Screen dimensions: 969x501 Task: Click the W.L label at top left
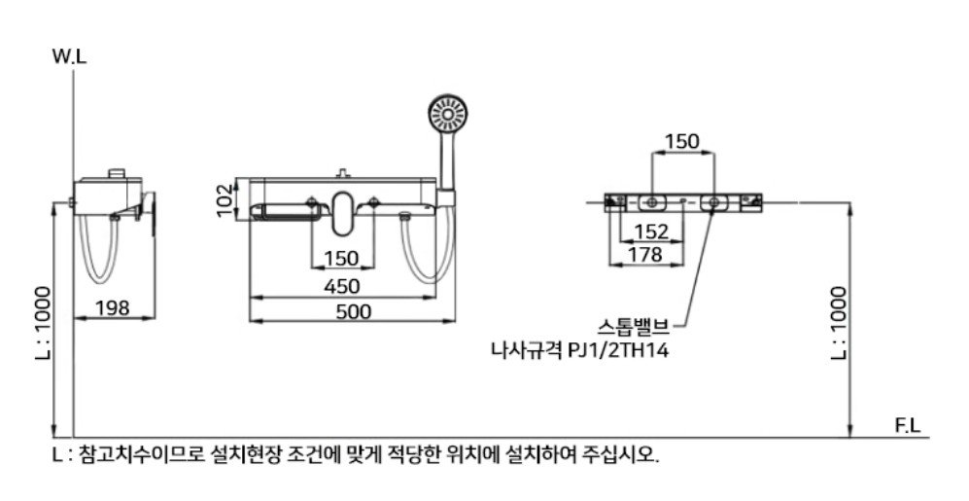click(x=70, y=56)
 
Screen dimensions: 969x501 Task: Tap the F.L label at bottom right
click(x=907, y=425)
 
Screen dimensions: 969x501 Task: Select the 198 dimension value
click(x=113, y=307)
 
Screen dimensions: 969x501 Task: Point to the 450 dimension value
click(x=342, y=286)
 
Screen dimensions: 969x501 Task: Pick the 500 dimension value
click(x=354, y=311)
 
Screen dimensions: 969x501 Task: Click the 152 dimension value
click(x=651, y=232)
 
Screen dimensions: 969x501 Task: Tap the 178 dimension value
click(x=644, y=254)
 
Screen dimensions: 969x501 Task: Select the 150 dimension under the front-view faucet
click(x=341, y=258)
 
